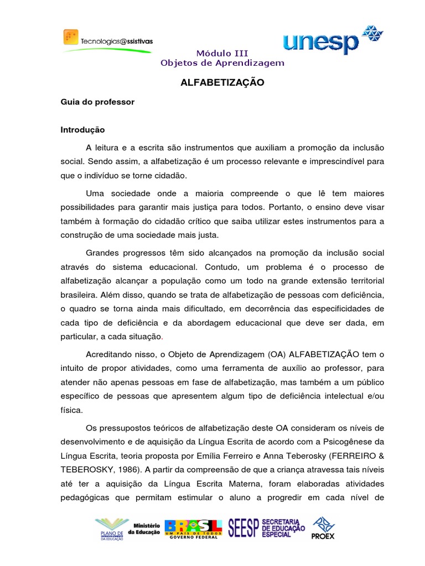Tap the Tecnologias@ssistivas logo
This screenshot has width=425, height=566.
click(108, 40)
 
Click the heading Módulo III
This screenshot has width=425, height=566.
click(222, 53)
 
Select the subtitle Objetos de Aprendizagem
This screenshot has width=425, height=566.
click(222, 62)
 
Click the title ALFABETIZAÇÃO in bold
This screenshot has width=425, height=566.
click(222, 83)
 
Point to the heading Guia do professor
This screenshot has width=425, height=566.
click(97, 102)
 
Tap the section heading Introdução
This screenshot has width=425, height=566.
click(82, 130)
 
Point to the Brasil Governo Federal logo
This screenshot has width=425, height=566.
click(194, 528)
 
